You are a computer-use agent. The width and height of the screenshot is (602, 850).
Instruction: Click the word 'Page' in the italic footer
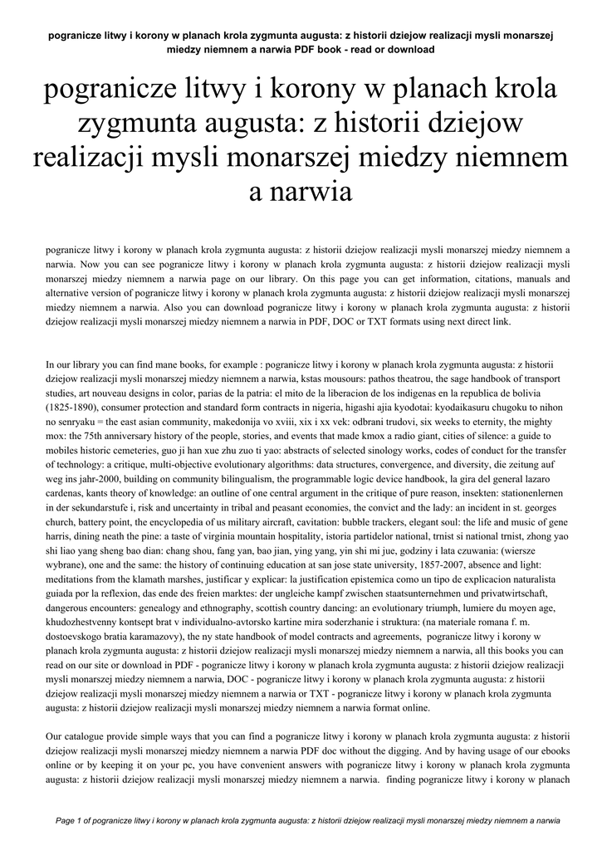(66, 820)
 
